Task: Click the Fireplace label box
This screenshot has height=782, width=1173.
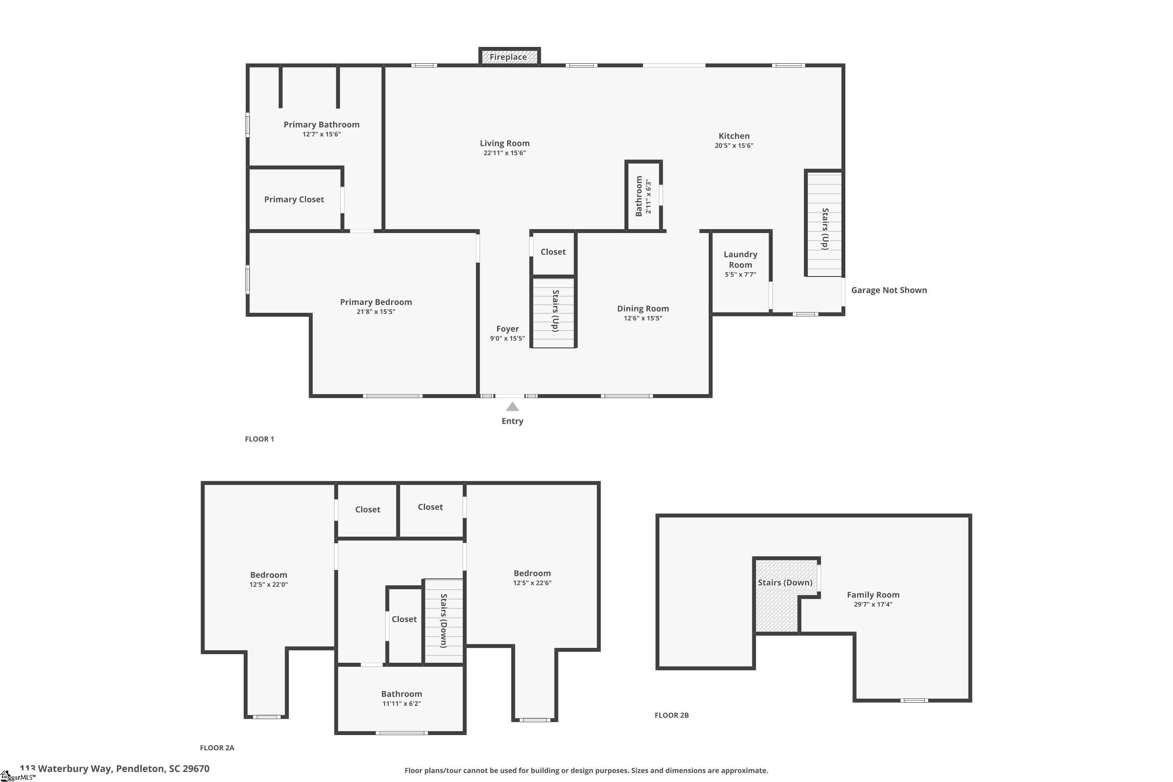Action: pyautogui.click(x=509, y=56)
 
